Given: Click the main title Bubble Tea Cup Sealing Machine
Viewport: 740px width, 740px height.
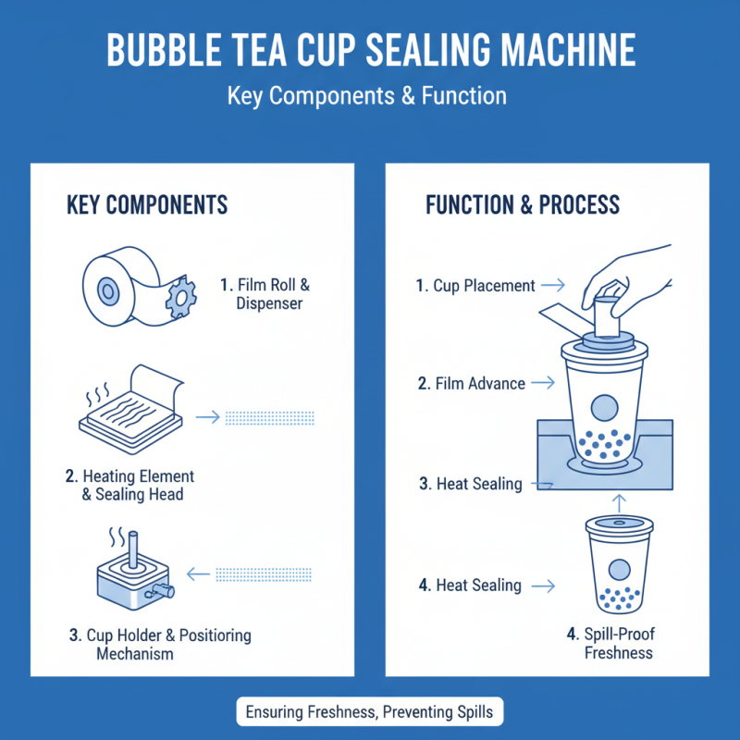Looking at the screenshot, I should [x=370, y=50].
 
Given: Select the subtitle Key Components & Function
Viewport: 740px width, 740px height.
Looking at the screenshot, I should [x=370, y=95].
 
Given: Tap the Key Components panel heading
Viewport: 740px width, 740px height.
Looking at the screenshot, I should [x=147, y=204].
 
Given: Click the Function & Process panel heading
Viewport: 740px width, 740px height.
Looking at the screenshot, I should [x=523, y=204].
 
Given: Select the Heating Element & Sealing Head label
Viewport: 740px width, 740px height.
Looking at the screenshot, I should [x=130, y=485].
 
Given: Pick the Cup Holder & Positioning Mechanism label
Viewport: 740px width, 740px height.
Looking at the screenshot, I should [x=160, y=645].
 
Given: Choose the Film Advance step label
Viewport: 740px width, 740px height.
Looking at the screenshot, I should [x=472, y=383].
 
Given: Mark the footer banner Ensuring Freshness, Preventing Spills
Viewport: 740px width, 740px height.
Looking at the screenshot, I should [x=370, y=713].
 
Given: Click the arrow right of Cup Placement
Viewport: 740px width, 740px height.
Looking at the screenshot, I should [x=553, y=286].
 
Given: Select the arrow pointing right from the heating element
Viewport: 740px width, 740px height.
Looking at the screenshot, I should [x=208, y=417].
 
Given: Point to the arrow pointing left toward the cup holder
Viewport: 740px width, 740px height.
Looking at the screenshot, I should [x=197, y=574].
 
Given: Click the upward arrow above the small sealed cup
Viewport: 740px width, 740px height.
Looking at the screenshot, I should [x=619, y=500].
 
